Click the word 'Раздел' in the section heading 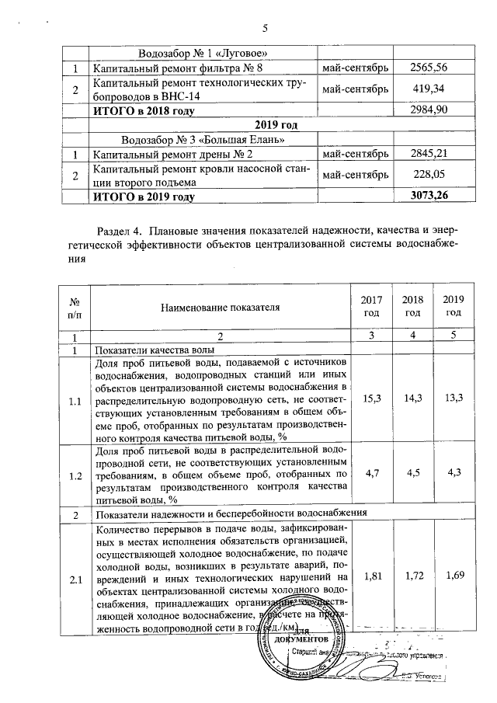(x=114, y=231)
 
